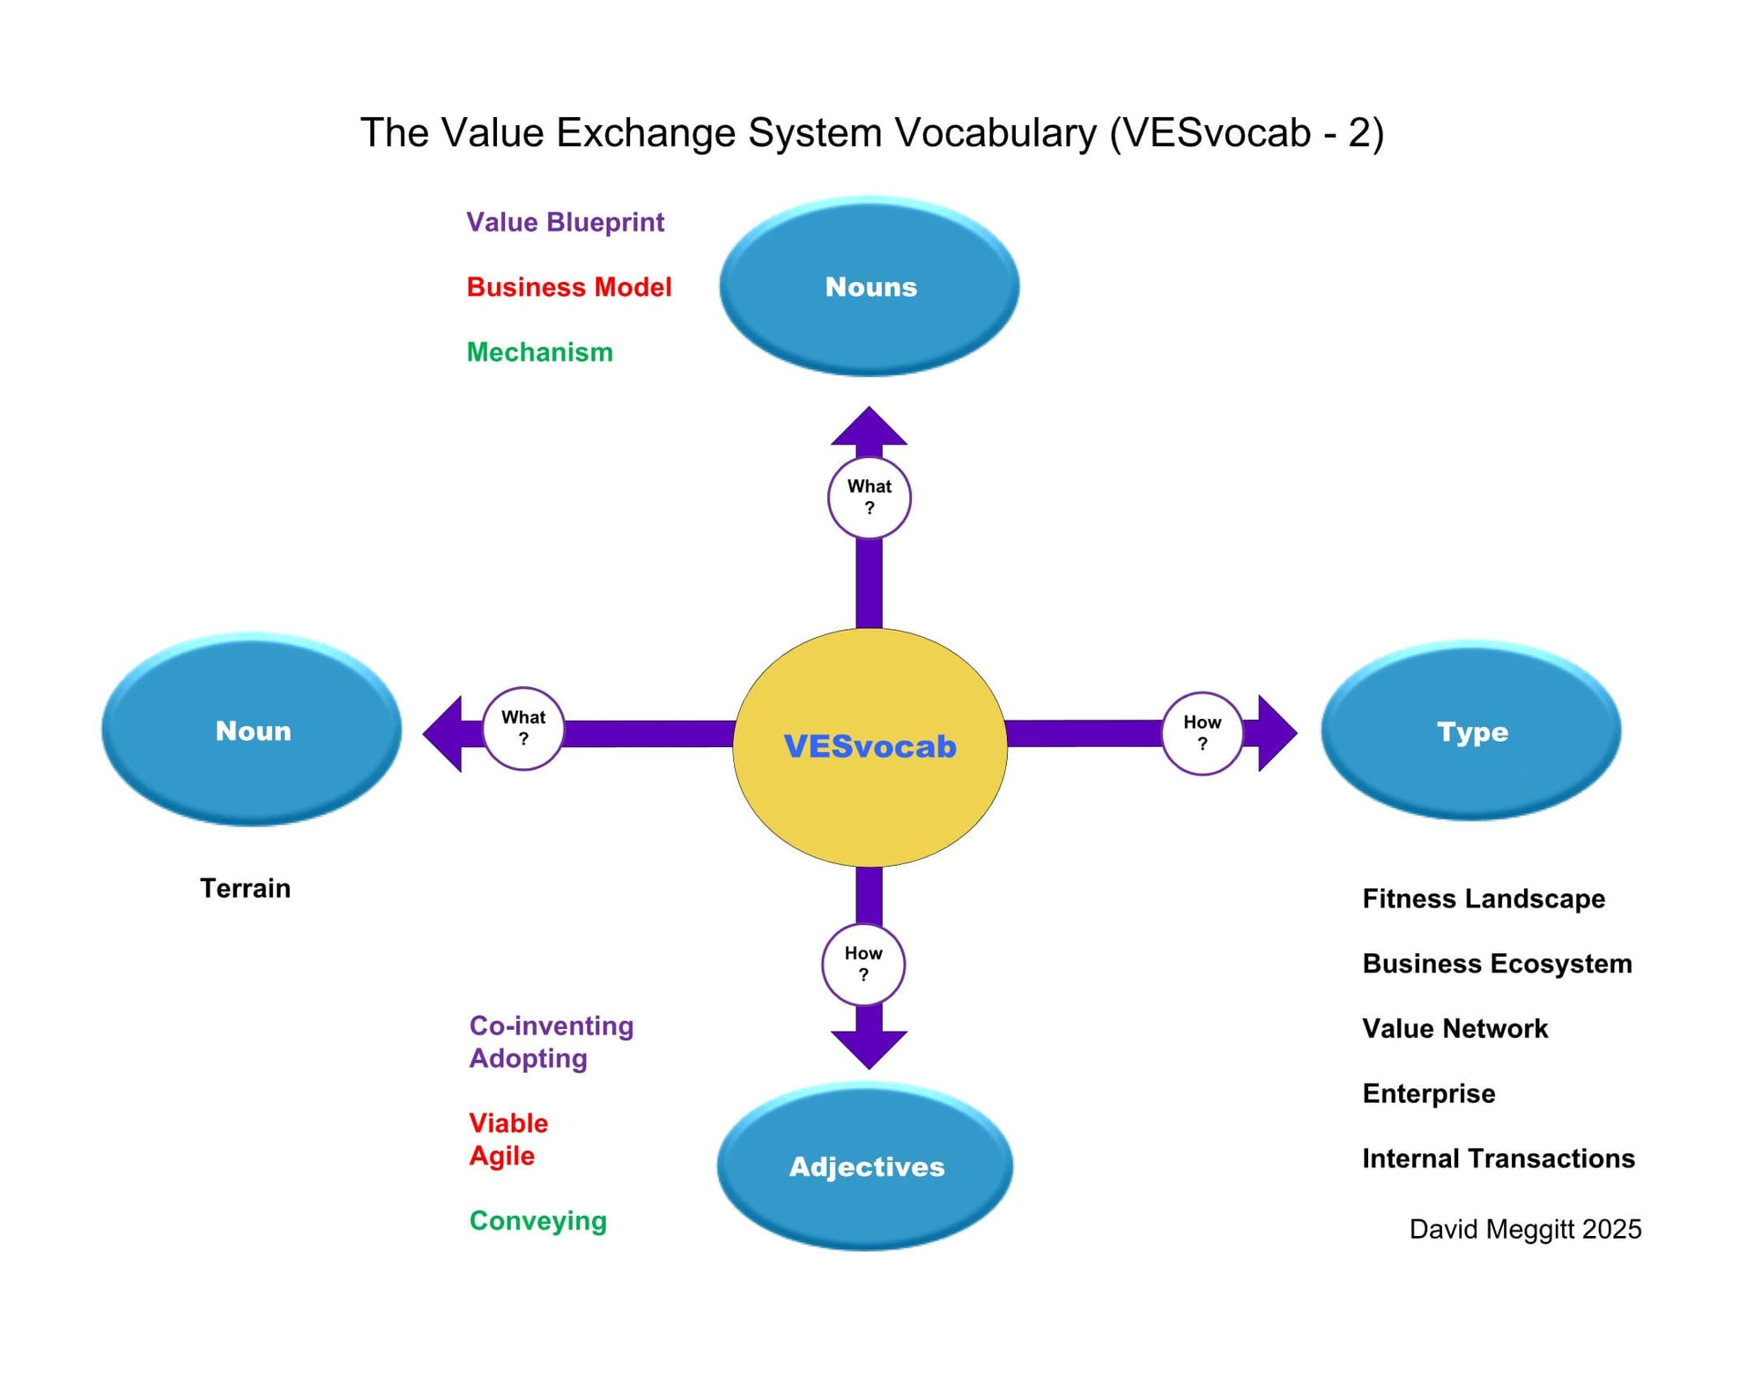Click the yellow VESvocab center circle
[x=870, y=747]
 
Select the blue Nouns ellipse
[x=870, y=286]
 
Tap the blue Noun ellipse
[x=252, y=730]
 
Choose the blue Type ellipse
[x=1471, y=731]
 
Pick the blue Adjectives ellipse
[x=865, y=1166]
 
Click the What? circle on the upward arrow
[x=869, y=497]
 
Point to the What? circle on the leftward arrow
[x=523, y=728]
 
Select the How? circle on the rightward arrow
[x=1202, y=733]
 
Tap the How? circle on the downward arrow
[x=863, y=964]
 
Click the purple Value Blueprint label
[x=565, y=222]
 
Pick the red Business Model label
[x=569, y=287]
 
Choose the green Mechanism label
[x=539, y=352]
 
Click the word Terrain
[x=245, y=888]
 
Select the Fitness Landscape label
[x=1484, y=899]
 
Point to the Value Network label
[x=1455, y=1028]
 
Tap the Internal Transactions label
[x=1498, y=1158]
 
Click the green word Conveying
[x=537, y=1221]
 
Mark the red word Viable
[x=508, y=1123]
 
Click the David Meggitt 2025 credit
[x=1525, y=1229]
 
